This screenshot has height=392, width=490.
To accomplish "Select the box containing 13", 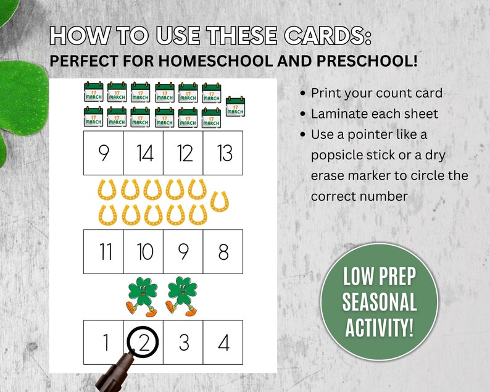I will click(x=223, y=153).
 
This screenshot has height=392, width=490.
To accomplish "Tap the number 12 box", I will click(x=183, y=153).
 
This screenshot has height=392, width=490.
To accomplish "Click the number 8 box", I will click(x=223, y=251).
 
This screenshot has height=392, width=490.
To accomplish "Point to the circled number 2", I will click(x=143, y=341).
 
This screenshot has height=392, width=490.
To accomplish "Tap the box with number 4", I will click(x=223, y=341).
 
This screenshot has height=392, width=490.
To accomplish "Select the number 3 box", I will click(x=183, y=341).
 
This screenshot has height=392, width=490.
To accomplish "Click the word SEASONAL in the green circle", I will click(x=380, y=302).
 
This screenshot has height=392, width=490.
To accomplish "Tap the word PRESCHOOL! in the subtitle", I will click(x=362, y=62).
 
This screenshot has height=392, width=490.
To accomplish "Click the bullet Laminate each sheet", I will click(x=374, y=114).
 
